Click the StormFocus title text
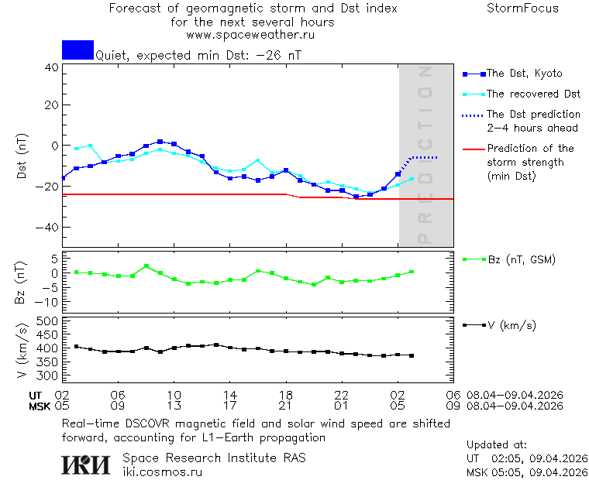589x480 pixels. point(522,9)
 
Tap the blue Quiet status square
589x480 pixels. point(77,50)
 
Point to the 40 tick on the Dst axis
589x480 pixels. point(51,67)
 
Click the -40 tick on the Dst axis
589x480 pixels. point(48,228)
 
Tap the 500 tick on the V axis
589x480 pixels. point(48,321)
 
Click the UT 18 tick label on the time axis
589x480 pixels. point(286,394)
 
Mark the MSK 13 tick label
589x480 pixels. point(174,405)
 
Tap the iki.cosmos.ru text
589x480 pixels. point(162,472)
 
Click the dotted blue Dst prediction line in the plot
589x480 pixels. point(423,157)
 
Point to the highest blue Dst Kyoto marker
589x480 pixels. point(160,142)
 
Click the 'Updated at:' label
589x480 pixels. point(496,445)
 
